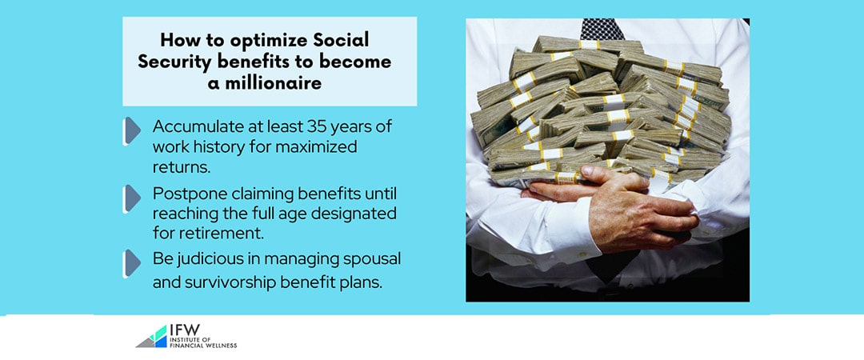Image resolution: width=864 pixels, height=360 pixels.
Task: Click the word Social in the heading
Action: pos(341,41)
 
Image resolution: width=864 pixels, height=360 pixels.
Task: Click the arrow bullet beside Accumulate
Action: pos(132,130)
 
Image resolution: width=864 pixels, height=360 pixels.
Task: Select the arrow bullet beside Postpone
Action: pos(132,198)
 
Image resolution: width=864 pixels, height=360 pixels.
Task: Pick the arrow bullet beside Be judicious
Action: pos(132,263)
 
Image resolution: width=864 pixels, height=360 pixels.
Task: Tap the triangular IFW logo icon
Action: pos(151,337)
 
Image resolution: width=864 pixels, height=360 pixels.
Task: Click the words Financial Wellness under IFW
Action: pos(203,345)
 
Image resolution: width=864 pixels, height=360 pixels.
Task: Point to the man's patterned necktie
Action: pos(602,29)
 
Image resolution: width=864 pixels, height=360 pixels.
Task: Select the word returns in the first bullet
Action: pos(182,168)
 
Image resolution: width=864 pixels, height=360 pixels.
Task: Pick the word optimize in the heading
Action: pos(266,41)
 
